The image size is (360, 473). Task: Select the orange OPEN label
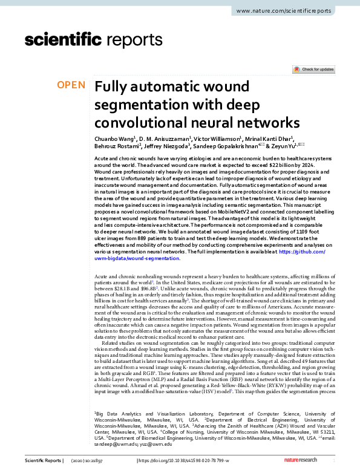(71, 85)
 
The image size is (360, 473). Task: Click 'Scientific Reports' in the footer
(42, 462)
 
